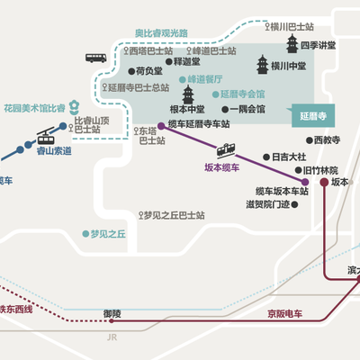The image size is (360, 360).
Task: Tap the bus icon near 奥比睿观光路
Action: click(x=96, y=58)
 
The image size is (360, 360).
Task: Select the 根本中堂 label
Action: click(x=188, y=110)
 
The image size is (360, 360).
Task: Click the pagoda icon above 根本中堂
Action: click(x=189, y=94)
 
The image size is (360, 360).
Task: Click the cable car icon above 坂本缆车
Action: click(x=226, y=150)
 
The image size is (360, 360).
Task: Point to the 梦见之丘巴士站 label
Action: click(x=173, y=216)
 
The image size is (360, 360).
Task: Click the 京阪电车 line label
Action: click(x=286, y=314)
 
